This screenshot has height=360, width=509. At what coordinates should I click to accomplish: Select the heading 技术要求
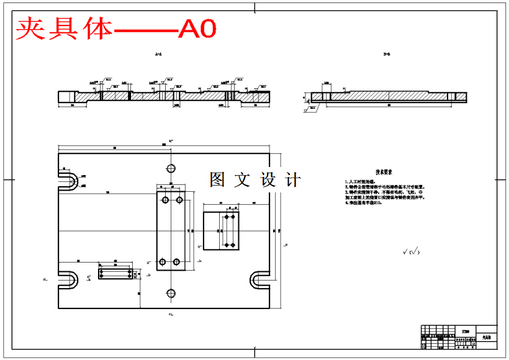pos(384,172)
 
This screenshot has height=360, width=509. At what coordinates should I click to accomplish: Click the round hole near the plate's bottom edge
pos(170,294)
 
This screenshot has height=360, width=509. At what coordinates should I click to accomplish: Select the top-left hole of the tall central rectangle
pos(165,200)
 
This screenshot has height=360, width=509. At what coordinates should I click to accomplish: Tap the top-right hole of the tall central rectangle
pos(179,200)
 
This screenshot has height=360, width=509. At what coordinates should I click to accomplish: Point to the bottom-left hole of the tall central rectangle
pos(162,262)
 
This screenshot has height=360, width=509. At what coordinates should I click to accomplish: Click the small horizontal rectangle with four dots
pos(115,273)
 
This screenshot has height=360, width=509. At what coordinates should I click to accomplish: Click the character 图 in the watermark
pos(218,180)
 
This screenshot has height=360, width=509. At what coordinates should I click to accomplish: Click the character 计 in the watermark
pos(292,180)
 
